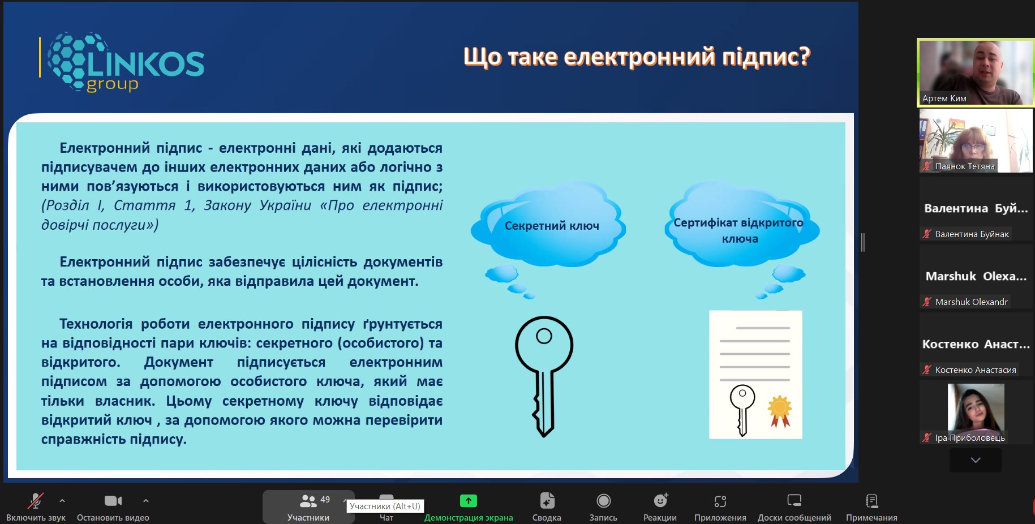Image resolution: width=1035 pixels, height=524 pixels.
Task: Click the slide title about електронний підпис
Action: pyautogui.click(x=637, y=57)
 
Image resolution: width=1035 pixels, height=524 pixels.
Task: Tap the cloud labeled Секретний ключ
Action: pyautogui.click(x=548, y=225)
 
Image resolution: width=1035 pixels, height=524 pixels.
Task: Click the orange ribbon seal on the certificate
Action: pyautogui.click(x=779, y=411)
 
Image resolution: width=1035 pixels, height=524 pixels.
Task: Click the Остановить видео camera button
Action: pyautogui.click(x=113, y=507)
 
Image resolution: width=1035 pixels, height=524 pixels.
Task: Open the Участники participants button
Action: pyautogui.click(x=308, y=507)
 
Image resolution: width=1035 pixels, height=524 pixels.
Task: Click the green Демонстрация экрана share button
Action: pyautogui.click(x=469, y=507)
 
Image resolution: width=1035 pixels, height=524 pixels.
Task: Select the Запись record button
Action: pyautogui.click(x=603, y=507)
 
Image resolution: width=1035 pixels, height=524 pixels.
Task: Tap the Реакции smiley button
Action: pyautogui.click(x=660, y=507)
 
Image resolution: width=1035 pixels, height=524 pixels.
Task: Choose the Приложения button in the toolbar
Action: pyautogui.click(x=720, y=507)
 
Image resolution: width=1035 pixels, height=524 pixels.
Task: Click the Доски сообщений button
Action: pyautogui.click(x=794, y=507)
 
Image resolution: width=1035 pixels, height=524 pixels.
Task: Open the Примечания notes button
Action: pyautogui.click(x=871, y=507)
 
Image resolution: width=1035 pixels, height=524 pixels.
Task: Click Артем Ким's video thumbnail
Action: pyautogui.click(x=976, y=72)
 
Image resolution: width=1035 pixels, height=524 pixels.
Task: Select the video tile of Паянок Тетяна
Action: pyautogui.click(x=976, y=141)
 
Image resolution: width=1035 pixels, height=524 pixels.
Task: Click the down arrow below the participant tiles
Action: pyautogui.click(x=976, y=460)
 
